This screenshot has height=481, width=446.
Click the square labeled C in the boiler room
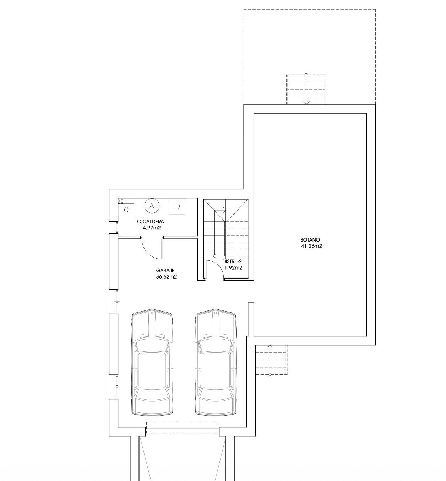pyautogui.click(x=126, y=210)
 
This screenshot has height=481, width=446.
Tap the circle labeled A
pyautogui.click(x=152, y=206)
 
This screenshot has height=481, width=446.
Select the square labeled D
pyautogui.click(x=178, y=207)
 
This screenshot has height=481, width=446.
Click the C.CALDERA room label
pyautogui.click(x=151, y=222)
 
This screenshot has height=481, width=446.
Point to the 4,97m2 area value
pyautogui.click(x=152, y=228)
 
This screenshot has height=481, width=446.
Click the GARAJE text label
pyautogui.click(x=165, y=271)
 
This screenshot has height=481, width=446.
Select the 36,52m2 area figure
pyautogui.click(x=167, y=277)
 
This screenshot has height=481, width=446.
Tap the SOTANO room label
pyautogui.click(x=310, y=240)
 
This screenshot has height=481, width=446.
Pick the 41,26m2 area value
pyautogui.click(x=311, y=246)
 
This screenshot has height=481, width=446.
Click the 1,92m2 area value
pyautogui.click(x=233, y=268)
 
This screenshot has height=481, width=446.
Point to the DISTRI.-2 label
pyautogui.click(x=232, y=261)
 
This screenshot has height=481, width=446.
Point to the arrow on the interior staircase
pyautogui.click(x=220, y=210)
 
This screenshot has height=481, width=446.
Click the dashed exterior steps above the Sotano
pyautogui.click(x=306, y=90)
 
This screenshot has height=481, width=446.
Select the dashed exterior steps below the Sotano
pyautogui.click(x=271, y=360)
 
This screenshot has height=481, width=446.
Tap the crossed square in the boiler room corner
pyautogui.click(x=121, y=201)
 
